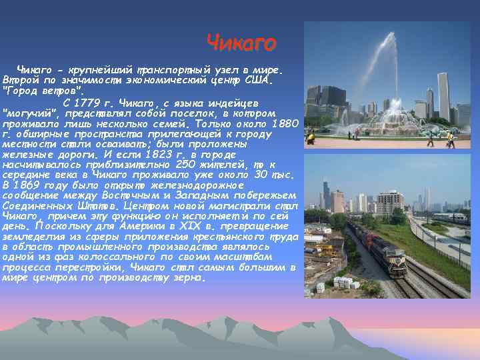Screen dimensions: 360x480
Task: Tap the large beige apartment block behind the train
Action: point(389,201)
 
